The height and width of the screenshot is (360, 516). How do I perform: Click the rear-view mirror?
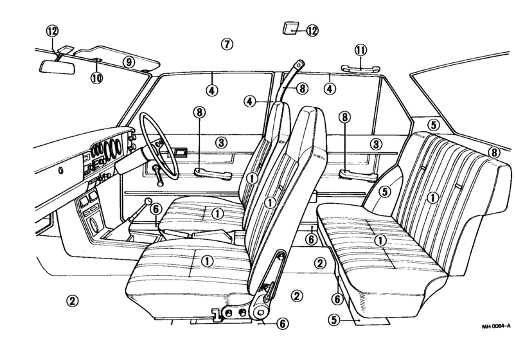pos(57,67)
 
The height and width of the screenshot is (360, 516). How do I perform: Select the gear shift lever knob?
pos(148,201)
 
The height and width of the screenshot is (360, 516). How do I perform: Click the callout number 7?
pos(227,44)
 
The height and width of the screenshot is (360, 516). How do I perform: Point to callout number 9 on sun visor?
pos(129,61)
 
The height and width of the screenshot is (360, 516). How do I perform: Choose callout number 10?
pos(97,78)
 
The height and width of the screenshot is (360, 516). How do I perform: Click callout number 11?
pos(360,50)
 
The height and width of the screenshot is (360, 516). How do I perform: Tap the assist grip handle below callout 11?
pos(360,69)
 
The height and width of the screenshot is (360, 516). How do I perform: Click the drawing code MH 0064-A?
pos(496,327)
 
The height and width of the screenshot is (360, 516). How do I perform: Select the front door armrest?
pos(213,173)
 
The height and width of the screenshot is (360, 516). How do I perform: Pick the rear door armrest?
pos(358,175)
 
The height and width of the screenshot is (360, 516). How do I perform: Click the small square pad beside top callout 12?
pos(290,28)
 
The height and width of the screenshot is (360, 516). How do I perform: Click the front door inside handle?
pos(180,152)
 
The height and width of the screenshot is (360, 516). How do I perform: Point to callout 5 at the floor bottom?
pos(334,319)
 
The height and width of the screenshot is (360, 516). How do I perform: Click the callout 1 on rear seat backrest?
pos(432,197)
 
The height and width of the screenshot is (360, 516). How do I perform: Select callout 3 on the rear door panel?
pos(376,144)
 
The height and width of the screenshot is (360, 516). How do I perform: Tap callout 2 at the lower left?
pos(73,300)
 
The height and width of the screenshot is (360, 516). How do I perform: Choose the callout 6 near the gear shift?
pos(156,209)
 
